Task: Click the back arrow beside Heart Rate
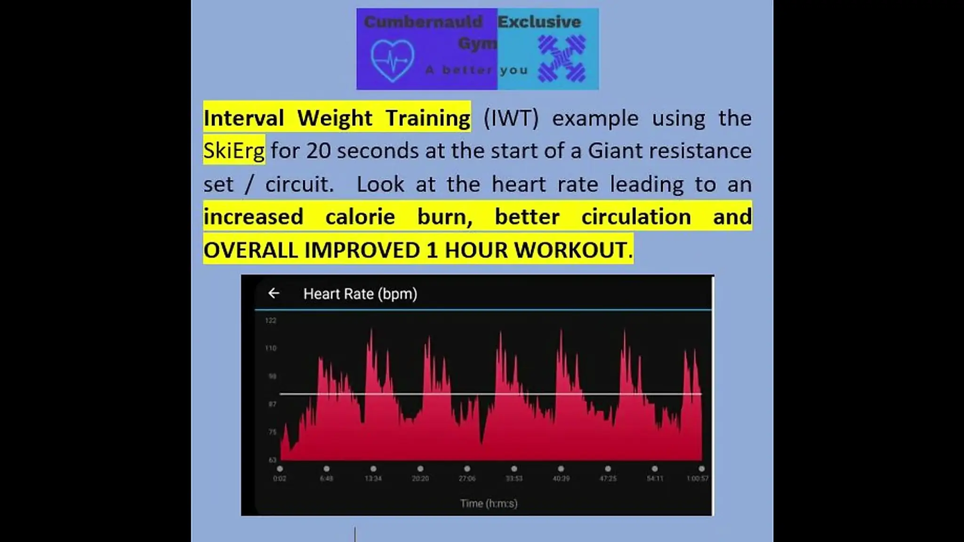[273, 294]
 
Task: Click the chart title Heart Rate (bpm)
[360, 294]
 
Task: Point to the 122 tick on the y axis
[271, 321]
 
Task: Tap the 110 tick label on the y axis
[271, 349]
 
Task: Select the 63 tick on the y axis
[272, 460]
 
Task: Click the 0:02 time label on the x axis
[280, 478]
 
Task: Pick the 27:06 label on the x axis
[467, 478]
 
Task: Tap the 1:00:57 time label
[698, 478]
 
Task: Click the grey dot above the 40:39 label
[561, 469]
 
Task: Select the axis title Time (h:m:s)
[489, 503]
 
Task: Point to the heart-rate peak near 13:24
[371, 331]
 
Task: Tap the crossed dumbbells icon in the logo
[562, 59]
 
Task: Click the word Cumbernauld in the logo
[423, 22]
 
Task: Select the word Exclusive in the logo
[539, 22]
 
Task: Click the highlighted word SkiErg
[234, 151]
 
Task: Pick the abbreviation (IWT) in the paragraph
[511, 118]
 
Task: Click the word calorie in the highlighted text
[360, 217]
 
